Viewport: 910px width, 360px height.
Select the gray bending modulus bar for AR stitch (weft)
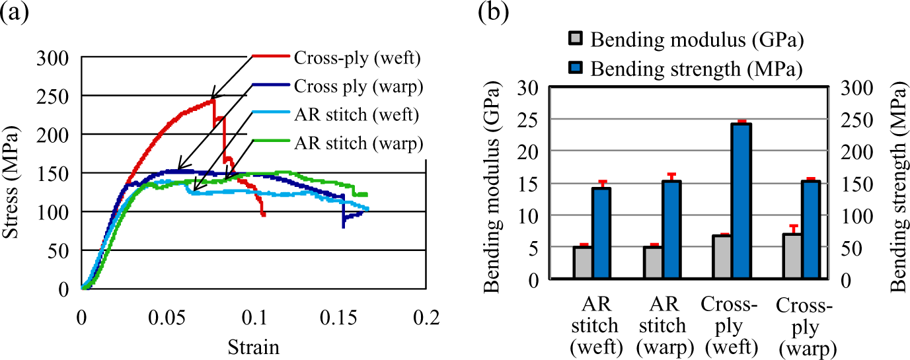click(x=583, y=262)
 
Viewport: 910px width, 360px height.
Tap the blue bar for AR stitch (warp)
click(x=671, y=230)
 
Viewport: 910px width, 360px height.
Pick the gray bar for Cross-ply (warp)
click(x=792, y=256)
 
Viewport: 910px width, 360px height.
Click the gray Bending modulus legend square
click(x=576, y=38)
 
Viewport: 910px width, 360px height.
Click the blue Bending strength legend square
click(x=576, y=68)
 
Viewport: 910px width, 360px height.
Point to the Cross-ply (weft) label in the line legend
click(x=357, y=57)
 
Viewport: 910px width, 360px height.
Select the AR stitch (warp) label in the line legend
click(x=359, y=143)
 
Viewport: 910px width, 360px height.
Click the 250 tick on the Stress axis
click(x=53, y=96)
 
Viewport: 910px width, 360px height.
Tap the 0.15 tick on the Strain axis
click(x=338, y=318)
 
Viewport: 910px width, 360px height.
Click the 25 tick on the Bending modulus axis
click(x=528, y=120)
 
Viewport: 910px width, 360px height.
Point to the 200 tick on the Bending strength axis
click(x=857, y=152)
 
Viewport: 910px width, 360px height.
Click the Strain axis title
click(x=254, y=347)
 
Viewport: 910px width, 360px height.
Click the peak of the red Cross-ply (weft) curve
click(x=213, y=100)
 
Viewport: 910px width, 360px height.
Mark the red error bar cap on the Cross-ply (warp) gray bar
click(x=792, y=225)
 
